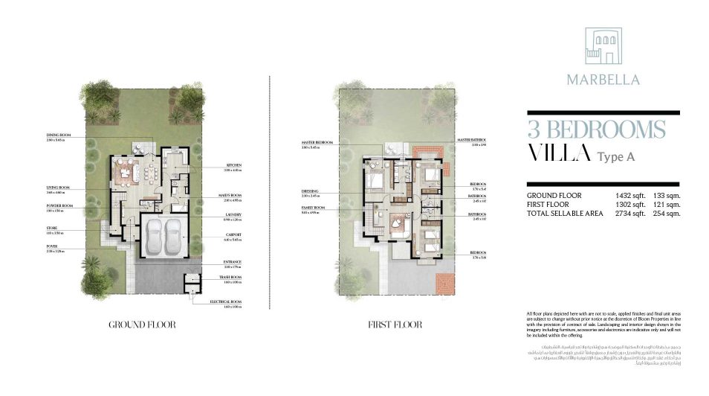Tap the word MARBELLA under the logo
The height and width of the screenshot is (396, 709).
603,79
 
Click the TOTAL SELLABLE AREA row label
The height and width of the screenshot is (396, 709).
564,214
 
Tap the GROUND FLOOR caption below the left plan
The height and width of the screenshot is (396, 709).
142,325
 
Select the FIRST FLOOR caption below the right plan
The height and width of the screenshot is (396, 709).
395,325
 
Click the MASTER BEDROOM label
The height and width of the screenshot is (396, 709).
317,142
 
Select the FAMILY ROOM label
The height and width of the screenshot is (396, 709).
312,208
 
